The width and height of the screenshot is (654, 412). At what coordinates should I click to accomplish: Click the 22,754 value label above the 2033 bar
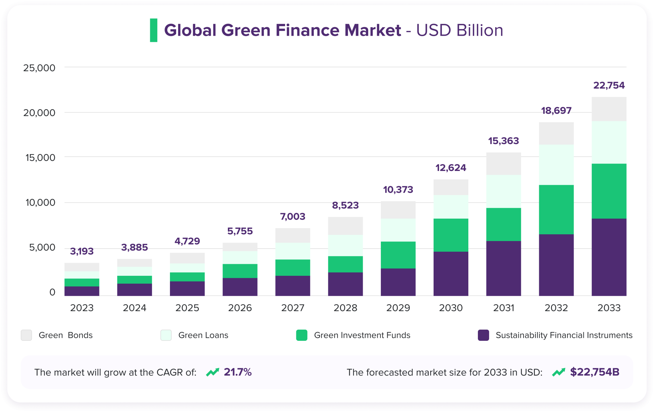point(609,85)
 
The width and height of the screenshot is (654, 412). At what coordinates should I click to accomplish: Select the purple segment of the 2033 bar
point(609,257)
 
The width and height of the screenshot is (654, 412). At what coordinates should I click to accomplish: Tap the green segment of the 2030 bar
point(451,235)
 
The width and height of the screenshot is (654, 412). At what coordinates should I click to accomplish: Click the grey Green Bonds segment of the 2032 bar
point(556,133)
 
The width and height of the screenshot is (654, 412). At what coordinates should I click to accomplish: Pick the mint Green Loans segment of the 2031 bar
point(503,191)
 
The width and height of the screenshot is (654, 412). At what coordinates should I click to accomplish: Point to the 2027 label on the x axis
point(293,308)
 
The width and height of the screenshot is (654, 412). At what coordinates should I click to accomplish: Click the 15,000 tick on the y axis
point(40,158)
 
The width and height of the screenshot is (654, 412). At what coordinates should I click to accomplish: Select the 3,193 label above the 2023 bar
point(82,251)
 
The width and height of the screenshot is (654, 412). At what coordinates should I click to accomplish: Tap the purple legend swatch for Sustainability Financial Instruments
point(483,335)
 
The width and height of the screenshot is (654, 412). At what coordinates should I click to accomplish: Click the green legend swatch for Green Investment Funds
point(301,335)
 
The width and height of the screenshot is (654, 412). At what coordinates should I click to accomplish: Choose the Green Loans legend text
point(203,335)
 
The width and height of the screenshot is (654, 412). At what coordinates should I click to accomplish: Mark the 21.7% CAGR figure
point(237,372)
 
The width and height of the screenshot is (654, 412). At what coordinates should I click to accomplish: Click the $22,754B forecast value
point(594,372)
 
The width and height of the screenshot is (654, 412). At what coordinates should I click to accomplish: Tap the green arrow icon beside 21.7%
point(213,373)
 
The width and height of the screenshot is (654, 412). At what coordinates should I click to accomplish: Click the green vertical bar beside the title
point(154,30)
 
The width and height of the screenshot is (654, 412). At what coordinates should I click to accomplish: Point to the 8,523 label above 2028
point(345,205)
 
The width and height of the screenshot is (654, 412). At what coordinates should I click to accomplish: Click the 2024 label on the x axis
point(135,308)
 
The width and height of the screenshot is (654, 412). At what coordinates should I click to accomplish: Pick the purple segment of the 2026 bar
point(240,287)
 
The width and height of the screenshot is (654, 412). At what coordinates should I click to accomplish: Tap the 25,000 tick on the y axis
point(39,68)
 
